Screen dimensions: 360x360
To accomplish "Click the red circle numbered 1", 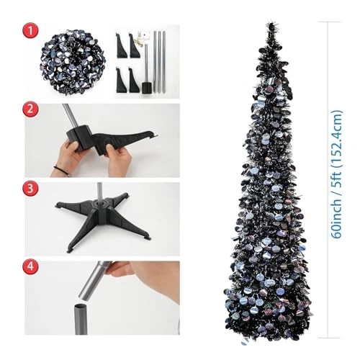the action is point(30,30).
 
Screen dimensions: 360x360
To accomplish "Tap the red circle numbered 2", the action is point(30,109).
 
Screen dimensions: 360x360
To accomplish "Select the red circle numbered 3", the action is point(30,189).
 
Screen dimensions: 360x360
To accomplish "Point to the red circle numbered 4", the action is point(30,266).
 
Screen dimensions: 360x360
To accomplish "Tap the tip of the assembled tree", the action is point(271,23).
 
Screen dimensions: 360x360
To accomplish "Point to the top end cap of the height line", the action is point(329,22).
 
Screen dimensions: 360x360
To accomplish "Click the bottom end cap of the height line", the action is point(328,338).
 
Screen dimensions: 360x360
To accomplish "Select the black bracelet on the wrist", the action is point(60,168).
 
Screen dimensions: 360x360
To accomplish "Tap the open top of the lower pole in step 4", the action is point(83,306).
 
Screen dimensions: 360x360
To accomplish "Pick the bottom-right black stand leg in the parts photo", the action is point(134,81).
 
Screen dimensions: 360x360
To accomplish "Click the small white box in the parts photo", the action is point(145,35).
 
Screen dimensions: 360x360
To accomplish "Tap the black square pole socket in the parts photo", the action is point(147,88).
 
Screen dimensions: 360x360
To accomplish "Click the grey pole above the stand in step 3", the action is point(99,191).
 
